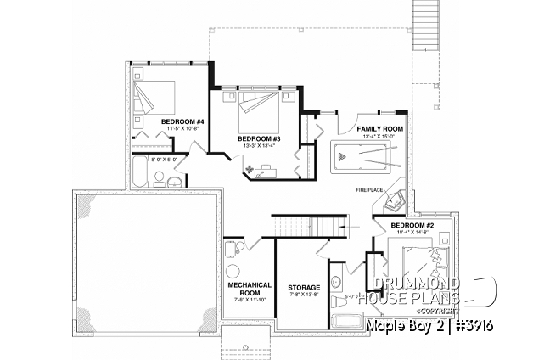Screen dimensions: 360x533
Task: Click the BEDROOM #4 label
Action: click(x=182, y=122)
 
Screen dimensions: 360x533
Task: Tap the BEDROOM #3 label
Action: click(x=259, y=138)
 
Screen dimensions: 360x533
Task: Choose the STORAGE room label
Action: click(x=303, y=288)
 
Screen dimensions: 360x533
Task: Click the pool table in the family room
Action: click(x=365, y=158)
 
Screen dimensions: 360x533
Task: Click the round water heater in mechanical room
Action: click(x=231, y=248)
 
